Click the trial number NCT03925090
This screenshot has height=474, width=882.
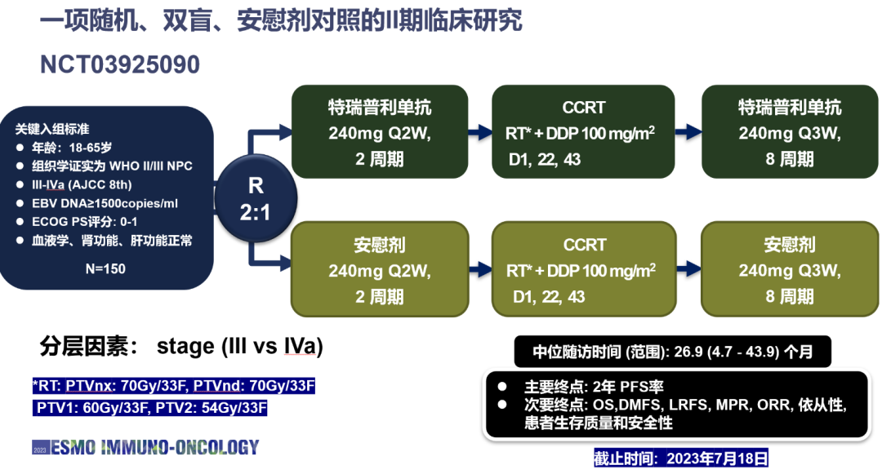120,64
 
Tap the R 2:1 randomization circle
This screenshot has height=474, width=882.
256,198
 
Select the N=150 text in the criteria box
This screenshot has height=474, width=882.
105,269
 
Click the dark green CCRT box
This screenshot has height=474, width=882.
583,132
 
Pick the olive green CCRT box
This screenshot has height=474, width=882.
584,269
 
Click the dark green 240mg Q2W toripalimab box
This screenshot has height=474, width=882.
380,132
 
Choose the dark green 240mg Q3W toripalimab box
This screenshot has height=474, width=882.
790,132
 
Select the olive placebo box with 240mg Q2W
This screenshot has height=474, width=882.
380,269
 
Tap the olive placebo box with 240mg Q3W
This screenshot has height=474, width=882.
790,269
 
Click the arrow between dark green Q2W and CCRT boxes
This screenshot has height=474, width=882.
480,132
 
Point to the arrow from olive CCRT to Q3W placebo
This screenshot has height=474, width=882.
688,269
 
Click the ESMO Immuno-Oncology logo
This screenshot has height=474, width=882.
145,448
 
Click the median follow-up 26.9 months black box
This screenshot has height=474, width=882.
672,352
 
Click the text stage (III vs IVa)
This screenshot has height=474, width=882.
239,347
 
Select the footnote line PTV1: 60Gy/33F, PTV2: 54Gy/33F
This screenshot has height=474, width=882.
151,408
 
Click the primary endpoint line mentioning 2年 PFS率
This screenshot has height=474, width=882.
594,387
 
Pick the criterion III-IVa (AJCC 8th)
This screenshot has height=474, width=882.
82,184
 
